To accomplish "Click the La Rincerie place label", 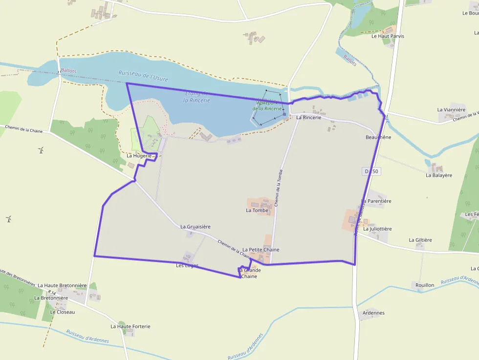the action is point(308,118).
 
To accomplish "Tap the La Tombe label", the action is point(257,211).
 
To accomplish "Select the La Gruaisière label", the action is point(195,227).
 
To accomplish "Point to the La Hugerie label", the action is point(139,155).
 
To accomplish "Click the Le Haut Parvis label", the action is point(388,36).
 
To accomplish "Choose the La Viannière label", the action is point(451,110).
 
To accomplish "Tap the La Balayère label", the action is point(438,175).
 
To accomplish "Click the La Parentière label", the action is point(376,201).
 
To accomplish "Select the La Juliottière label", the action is point(377,229).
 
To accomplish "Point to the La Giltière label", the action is point(420,240).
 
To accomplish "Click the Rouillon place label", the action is point(424,285).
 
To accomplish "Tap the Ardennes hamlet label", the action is point(374,313).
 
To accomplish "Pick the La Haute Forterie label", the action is point(130,326).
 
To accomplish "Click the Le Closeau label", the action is point(63,312).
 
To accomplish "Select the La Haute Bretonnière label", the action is point(62,285).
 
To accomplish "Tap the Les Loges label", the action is point(187,266).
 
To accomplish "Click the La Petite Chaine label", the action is point(261,250).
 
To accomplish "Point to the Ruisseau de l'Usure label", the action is point(143,75).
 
